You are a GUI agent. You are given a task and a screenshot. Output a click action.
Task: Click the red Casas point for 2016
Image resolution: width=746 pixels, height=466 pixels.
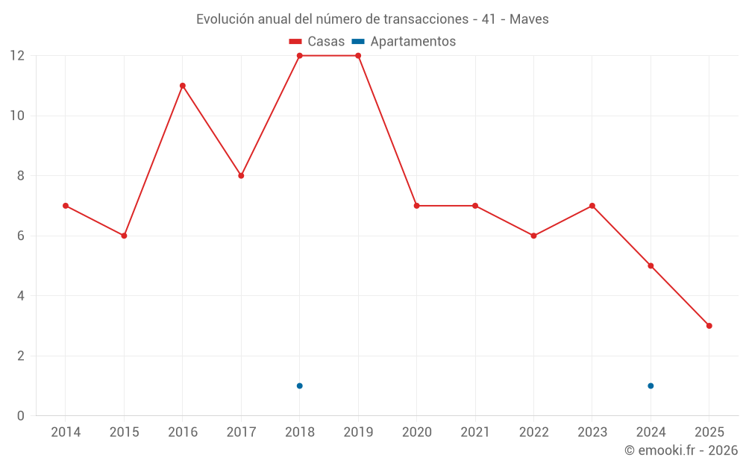tap(183, 86)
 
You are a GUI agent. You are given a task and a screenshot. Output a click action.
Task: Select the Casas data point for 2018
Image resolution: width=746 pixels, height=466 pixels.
tap(300, 56)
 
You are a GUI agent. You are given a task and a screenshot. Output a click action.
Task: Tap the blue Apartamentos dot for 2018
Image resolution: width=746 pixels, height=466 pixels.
tap(300, 385)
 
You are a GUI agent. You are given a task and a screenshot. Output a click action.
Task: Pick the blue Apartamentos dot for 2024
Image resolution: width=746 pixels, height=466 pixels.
tap(651, 385)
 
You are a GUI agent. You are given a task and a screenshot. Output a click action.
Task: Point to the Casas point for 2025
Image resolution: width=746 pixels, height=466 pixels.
tap(709, 326)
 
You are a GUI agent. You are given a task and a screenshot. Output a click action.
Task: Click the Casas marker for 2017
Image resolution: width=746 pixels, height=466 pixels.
tap(241, 176)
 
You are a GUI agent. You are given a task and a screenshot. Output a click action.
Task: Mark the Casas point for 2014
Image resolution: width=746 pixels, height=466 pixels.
tap(66, 206)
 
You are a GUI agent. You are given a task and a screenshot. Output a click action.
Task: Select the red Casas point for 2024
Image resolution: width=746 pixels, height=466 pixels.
tap(651, 265)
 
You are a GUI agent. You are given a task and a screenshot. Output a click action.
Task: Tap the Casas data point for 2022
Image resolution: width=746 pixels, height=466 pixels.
tap(533, 236)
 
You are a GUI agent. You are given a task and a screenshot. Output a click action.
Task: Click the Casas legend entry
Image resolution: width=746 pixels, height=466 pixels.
tap(317, 42)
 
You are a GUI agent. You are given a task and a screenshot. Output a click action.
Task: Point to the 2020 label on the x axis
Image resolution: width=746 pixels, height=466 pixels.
tap(416, 432)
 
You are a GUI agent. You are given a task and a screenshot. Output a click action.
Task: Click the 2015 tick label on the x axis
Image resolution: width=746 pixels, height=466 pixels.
tap(124, 432)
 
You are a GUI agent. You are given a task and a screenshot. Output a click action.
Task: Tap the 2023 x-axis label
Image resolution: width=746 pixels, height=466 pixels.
tap(592, 432)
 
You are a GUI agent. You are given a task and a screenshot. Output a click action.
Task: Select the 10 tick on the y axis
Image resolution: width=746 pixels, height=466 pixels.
tap(17, 116)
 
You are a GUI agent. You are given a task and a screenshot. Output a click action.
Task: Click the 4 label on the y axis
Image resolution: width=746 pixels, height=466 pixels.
tap(21, 296)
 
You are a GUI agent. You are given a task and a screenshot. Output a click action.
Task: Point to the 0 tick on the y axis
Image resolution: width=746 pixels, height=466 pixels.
tap(21, 416)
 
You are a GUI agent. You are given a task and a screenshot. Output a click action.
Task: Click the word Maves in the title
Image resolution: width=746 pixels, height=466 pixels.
tap(529, 19)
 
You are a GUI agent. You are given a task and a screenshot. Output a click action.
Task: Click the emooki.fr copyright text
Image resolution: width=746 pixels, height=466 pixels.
tap(681, 450)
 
